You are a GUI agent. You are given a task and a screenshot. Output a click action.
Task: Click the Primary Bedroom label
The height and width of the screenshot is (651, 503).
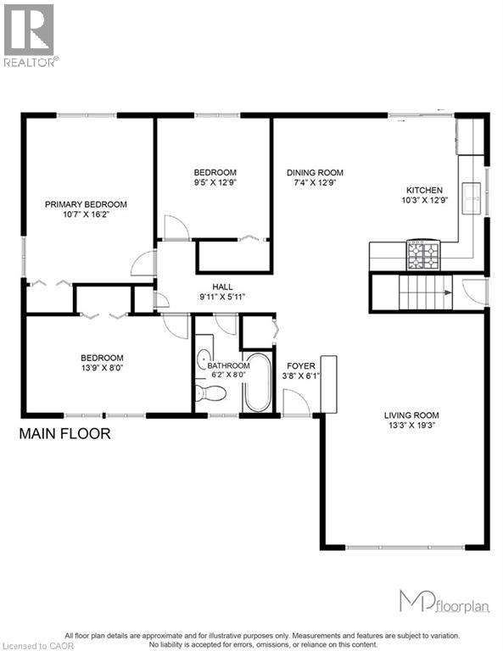[86, 204]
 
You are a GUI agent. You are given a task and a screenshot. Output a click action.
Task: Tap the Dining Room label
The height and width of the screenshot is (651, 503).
[315, 173]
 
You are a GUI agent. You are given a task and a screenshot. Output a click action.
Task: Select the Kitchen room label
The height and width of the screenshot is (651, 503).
[424, 190]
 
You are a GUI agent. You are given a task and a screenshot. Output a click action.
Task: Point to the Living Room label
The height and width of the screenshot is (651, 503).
[411, 415]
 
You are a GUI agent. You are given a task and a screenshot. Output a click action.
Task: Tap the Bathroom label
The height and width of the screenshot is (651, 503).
[228, 366]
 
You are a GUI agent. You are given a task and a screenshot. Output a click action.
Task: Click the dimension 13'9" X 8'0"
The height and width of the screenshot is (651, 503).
[102, 369]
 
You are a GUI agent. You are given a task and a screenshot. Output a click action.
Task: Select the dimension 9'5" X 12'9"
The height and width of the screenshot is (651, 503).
[215, 182]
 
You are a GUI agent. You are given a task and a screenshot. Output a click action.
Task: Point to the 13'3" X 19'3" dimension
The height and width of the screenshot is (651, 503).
[411, 426]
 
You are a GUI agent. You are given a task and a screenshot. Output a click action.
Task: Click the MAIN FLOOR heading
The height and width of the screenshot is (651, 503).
[65, 434]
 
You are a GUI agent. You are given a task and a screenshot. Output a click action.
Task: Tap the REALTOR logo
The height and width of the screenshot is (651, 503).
[30, 34]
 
